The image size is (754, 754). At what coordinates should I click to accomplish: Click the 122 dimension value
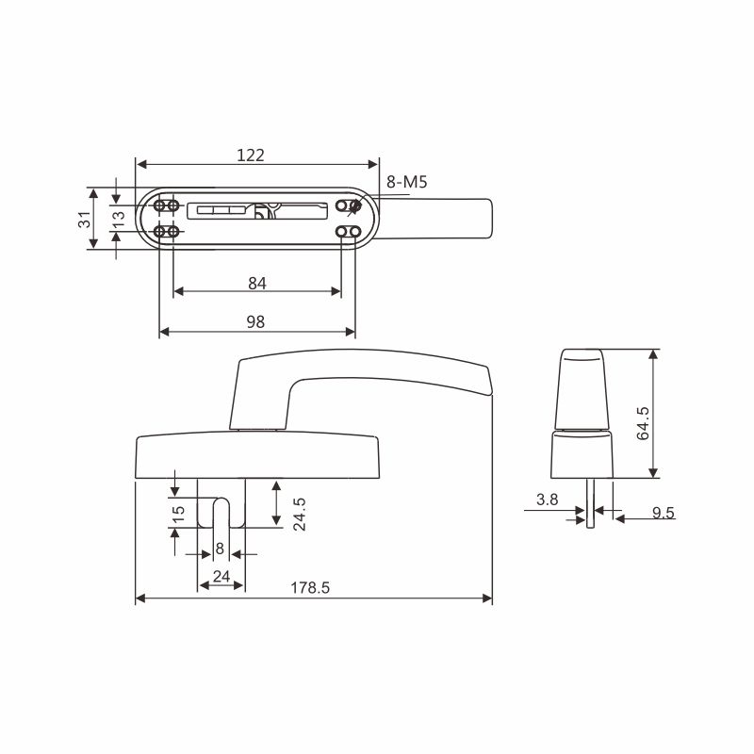(251, 156)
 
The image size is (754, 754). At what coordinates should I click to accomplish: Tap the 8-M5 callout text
(407, 182)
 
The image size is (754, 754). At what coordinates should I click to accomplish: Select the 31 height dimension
(85, 220)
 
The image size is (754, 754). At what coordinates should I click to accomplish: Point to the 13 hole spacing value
(119, 219)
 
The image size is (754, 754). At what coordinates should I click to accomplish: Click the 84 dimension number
(257, 284)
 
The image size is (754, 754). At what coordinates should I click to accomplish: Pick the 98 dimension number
(255, 321)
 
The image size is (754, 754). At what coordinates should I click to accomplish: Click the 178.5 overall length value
(310, 587)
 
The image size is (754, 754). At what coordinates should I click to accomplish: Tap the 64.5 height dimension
(643, 423)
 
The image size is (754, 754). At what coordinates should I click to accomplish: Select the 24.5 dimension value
(300, 514)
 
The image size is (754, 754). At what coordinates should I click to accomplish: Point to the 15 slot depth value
(178, 514)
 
